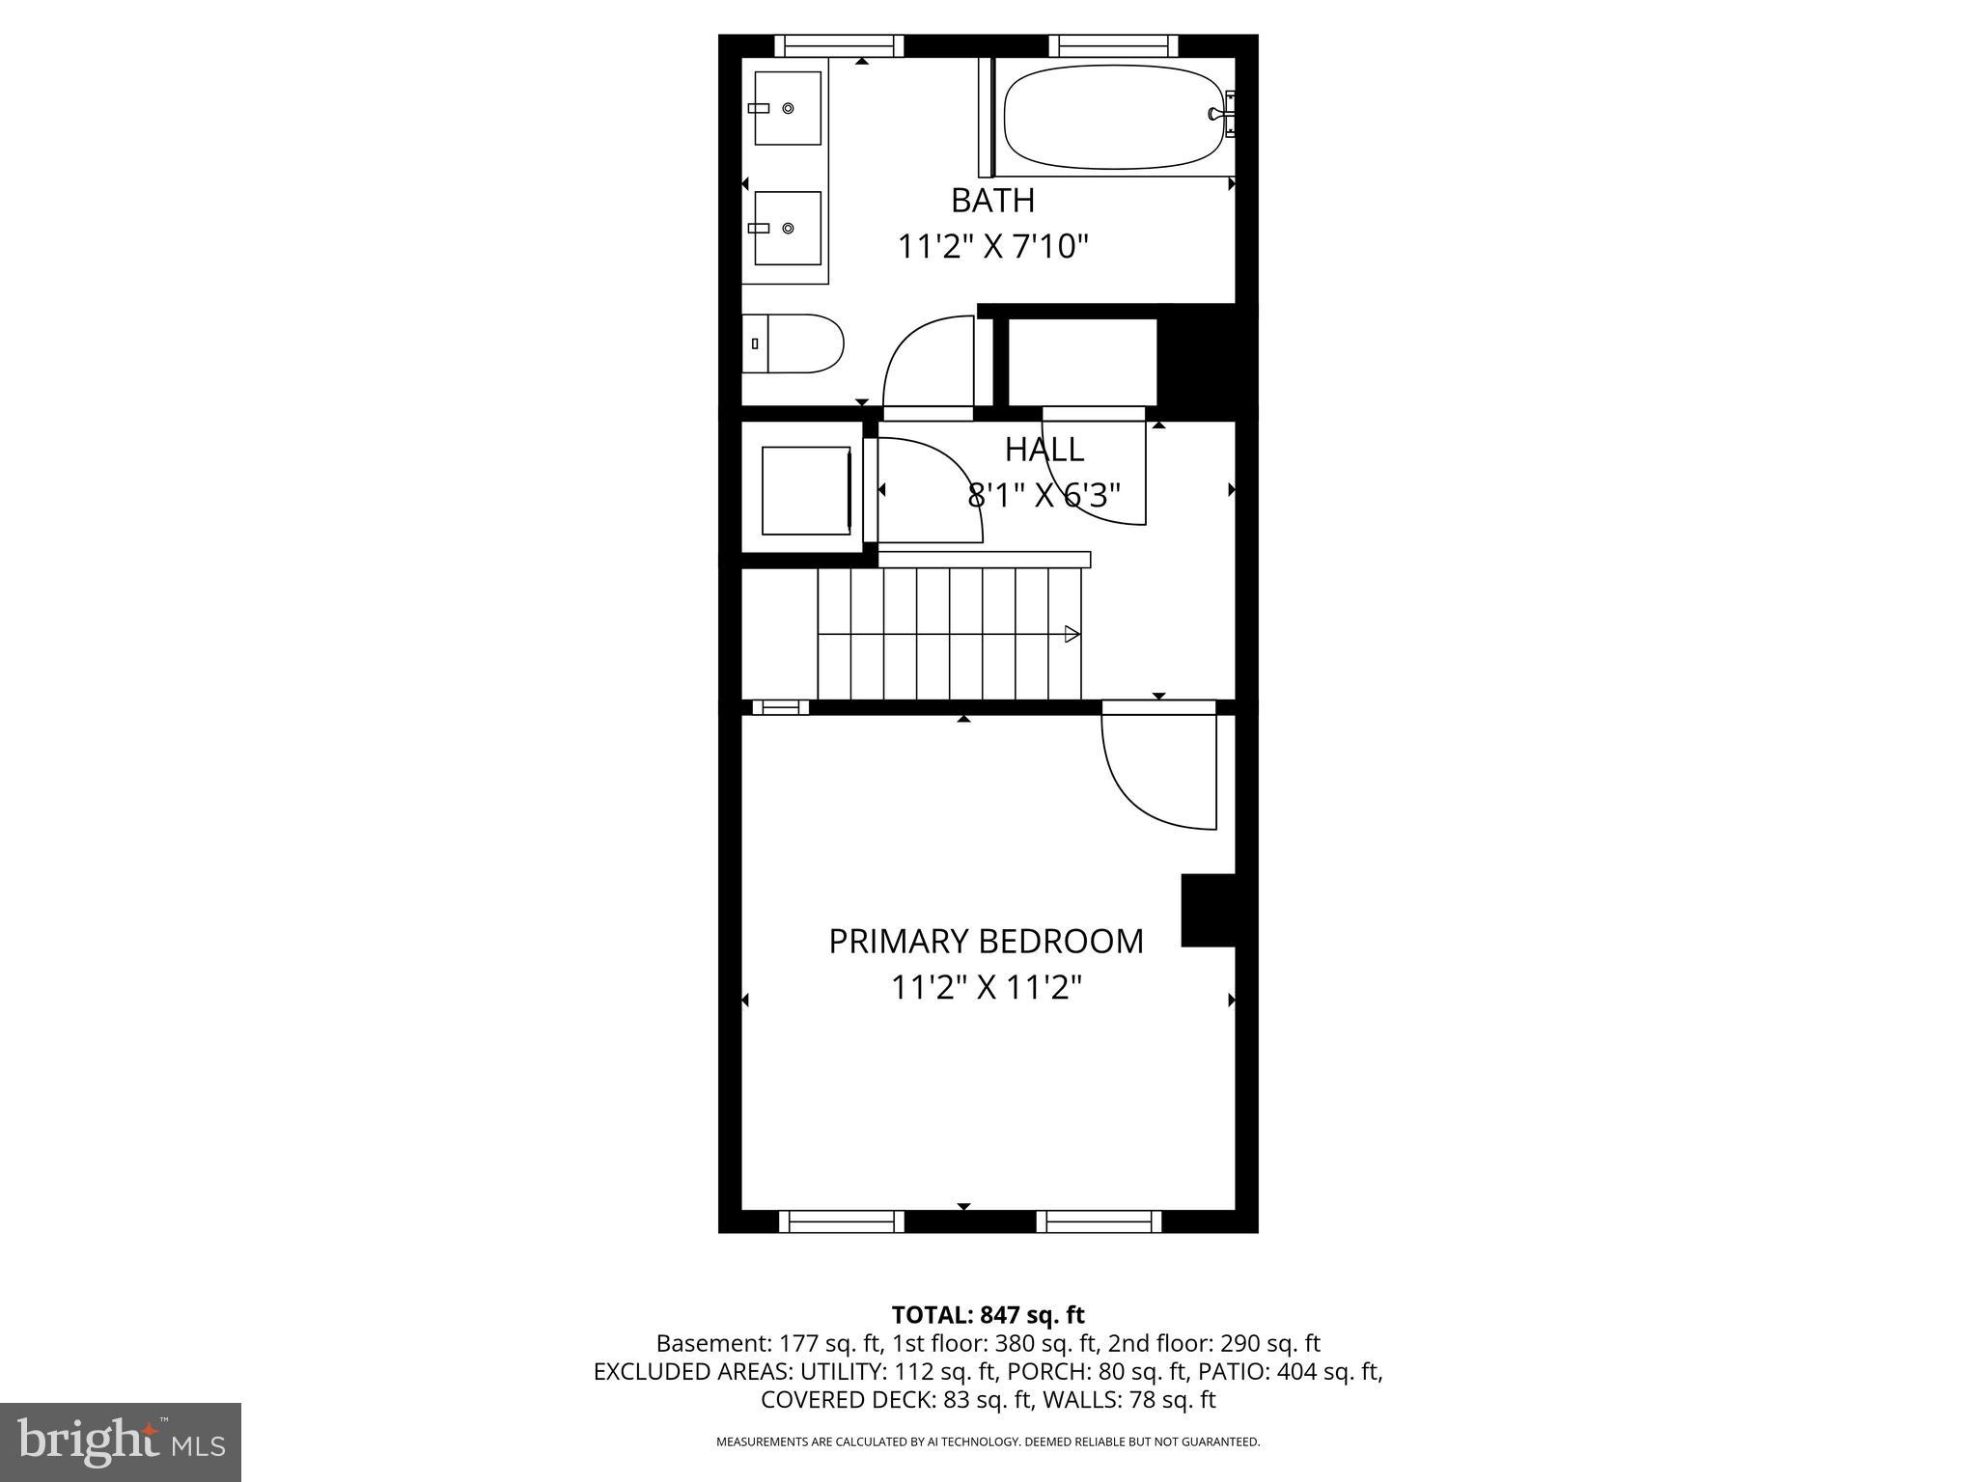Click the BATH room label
pos(992,201)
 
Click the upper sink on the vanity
pos(787,108)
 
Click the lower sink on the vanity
pos(787,228)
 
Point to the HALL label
pos(1044,450)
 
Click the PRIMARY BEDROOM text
pos(986,942)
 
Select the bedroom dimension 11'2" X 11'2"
pos(986,988)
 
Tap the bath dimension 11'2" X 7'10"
pos(992,247)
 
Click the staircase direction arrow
pos(1072,634)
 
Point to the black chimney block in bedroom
pos(1209,910)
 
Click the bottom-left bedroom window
pos(841,1221)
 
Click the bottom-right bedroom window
pos(1099,1221)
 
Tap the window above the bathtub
pos(1113,45)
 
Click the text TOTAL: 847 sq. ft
pos(988,1315)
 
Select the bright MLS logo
pos(120,1441)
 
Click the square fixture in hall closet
pos(806,490)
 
